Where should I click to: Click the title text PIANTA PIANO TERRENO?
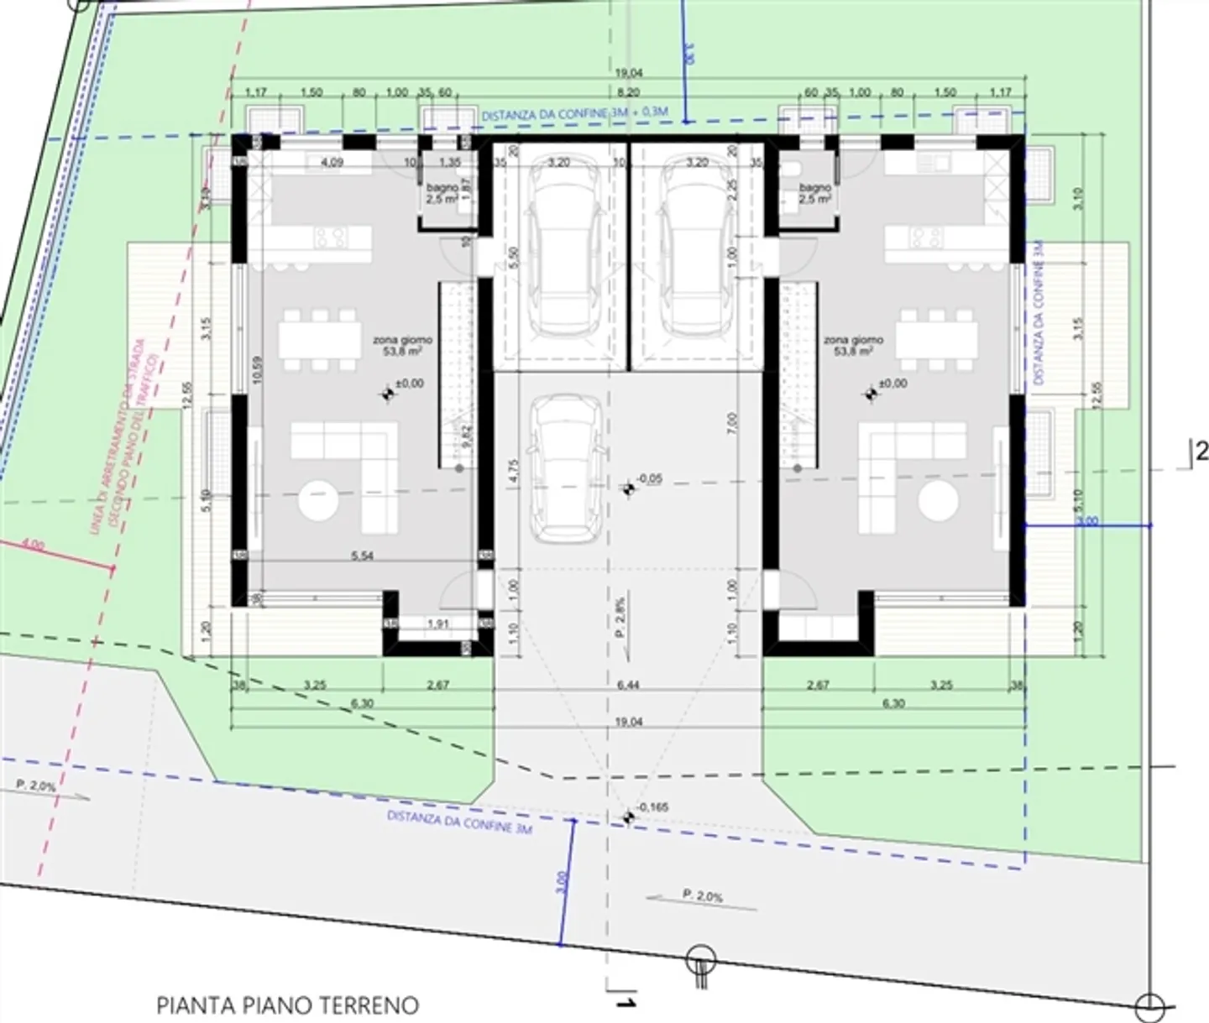pyautogui.click(x=287, y=1004)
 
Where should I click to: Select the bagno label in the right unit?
pyautogui.click(x=814, y=193)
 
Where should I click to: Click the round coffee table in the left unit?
pyautogui.click(x=319, y=501)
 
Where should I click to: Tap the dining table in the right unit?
pyautogui.click(x=936, y=340)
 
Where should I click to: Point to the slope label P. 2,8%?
pyautogui.click(x=620, y=618)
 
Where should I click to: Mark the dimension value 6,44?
pyautogui.click(x=628, y=685)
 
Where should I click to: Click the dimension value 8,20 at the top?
pyautogui.click(x=628, y=92)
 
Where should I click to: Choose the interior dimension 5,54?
pyautogui.click(x=361, y=556)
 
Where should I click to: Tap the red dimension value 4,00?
pyautogui.click(x=33, y=545)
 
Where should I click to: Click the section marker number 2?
pyautogui.click(x=1201, y=451)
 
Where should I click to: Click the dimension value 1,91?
pyautogui.click(x=437, y=624)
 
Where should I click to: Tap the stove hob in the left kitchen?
pyautogui.click(x=330, y=237)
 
